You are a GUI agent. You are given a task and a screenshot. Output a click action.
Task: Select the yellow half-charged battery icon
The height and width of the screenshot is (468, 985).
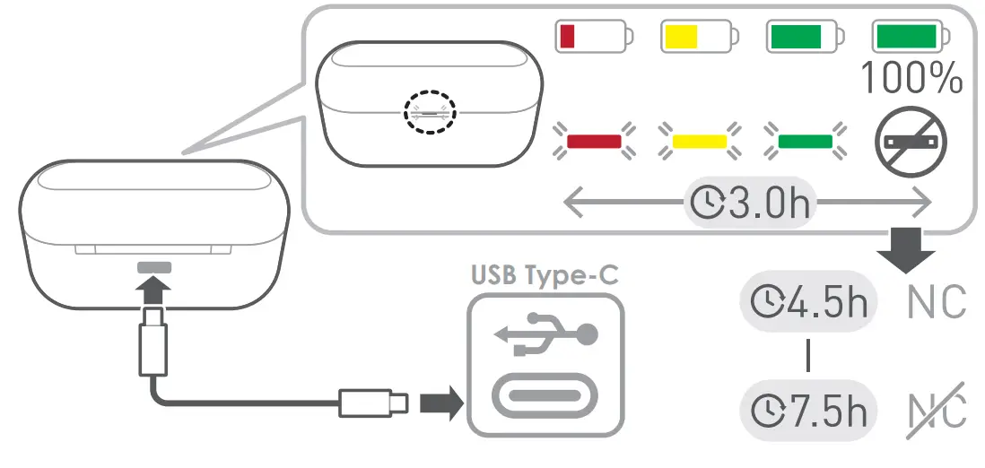[x=698, y=37]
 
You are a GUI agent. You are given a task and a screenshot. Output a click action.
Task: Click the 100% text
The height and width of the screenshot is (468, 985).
[x=911, y=79]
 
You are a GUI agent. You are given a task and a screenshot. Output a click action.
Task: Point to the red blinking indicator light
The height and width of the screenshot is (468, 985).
[x=594, y=141]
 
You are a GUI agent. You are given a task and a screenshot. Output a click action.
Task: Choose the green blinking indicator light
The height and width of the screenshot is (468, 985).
[x=805, y=141]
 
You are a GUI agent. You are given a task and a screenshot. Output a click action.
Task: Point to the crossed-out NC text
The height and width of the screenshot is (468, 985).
[x=937, y=412]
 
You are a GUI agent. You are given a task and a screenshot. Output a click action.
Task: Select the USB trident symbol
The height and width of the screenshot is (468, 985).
[x=546, y=334]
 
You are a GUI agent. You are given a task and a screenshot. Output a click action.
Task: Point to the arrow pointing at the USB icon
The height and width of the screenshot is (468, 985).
[x=440, y=403]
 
